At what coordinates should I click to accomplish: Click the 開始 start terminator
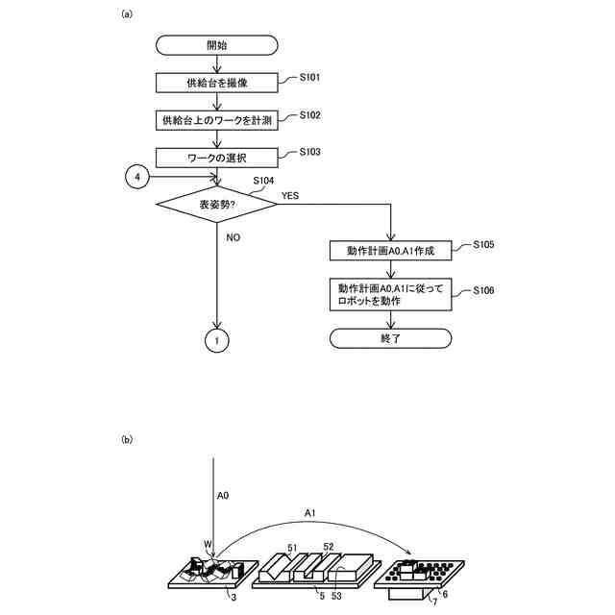tap(219, 44)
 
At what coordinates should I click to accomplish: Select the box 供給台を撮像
tap(219, 83)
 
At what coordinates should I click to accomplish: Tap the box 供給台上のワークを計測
tap(219, 120)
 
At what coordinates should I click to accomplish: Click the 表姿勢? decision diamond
tap(219, 205)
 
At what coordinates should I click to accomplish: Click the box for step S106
tap(390, 294)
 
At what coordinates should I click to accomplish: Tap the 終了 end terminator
tap(390, 338)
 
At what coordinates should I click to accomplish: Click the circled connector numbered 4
tap(137, 179)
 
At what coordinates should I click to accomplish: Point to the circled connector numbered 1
tap(219, 339)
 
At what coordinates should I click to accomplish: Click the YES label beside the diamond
tap(290, 195)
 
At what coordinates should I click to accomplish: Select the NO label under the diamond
tap(234, 236)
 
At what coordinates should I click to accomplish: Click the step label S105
tap(483, 245)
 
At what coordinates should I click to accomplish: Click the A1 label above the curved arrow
tap(309, 514)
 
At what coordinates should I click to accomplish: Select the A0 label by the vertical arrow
tap(222, 496)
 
